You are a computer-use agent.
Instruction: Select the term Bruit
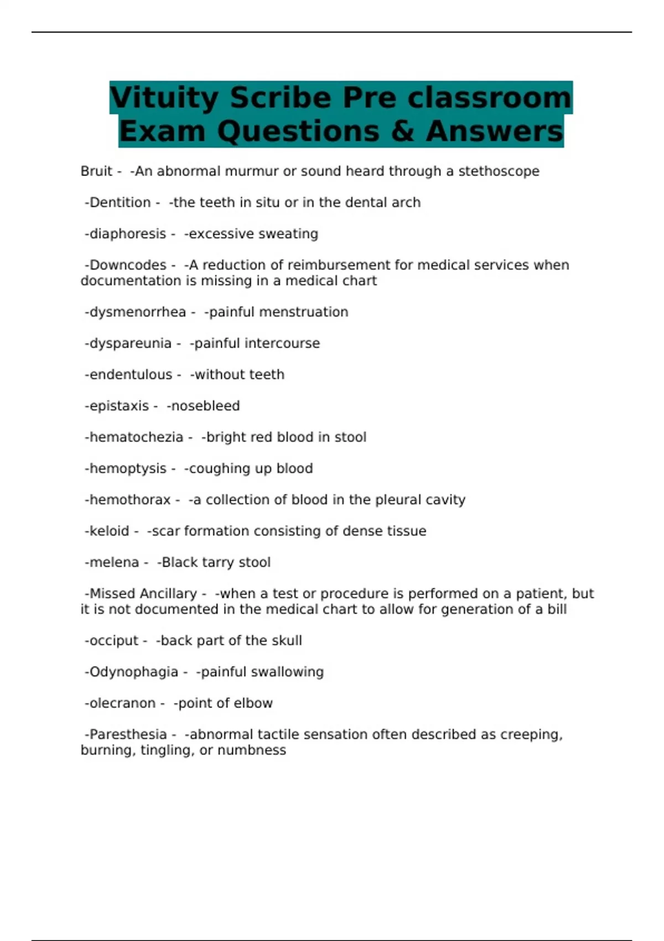pyautogui.click(x=96, y=172)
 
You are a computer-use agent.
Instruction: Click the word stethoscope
pyautogui.click(x=499, y=172)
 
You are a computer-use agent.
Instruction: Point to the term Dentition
pyautogui.click(x=120, y=203)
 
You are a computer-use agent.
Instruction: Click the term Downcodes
pyautogui.click(x=128, y=265)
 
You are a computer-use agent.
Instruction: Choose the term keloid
pyautogui.click(x=109, y=531)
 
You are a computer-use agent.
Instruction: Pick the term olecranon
pyautogui.click(x=122, y=704)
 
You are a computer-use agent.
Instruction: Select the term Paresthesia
pyautogui.click(x=128, y=735)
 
